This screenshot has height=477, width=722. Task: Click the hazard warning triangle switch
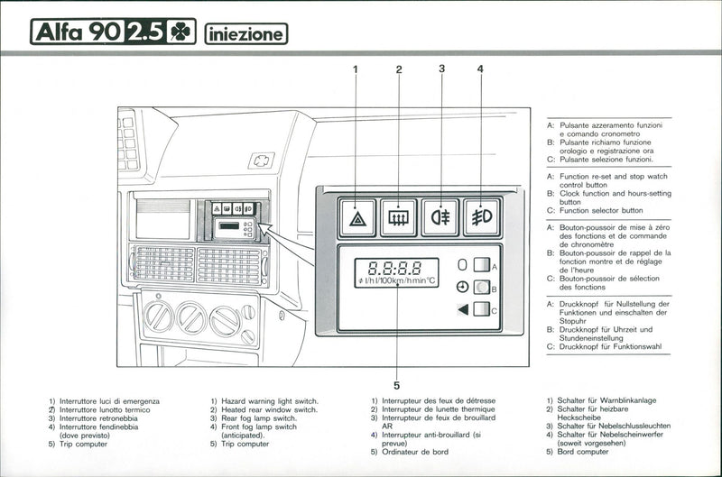tap(357, 217)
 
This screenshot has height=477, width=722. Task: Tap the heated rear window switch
tap(398, 217)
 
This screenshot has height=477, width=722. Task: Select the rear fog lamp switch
tap(440, 217)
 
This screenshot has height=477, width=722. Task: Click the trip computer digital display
tap(395, 272)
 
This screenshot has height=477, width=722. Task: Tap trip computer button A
tap(482, 265)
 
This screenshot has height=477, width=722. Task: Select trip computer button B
tap(482, 288)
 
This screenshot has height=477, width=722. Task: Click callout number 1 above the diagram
tap(356, 69)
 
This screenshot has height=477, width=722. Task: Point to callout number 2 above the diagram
tap(398, 69)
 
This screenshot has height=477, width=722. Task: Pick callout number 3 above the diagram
tap(441, 69)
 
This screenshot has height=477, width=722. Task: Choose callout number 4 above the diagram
tap(480, 69)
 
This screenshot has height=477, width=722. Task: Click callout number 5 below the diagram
tap(396, 379)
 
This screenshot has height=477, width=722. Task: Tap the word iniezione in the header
tap(245, 33)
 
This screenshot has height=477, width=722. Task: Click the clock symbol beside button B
tap(463, 288)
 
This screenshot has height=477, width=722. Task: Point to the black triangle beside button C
tap(462, 309)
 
